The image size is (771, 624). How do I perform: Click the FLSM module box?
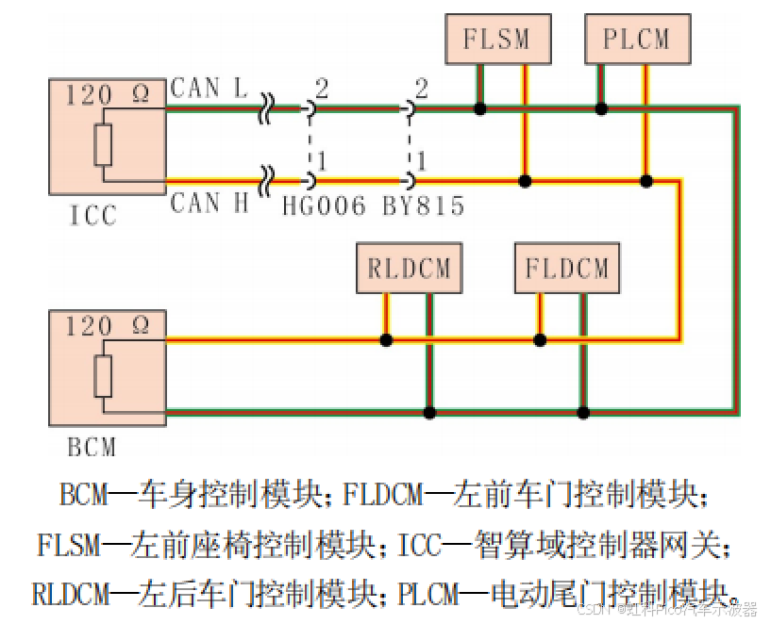click(495, 40)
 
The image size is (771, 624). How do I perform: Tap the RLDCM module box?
click(409, 269)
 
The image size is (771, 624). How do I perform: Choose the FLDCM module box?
click(566, 269)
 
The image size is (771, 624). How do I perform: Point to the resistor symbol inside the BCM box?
click(103, 377)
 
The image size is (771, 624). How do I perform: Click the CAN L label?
click(209, 90)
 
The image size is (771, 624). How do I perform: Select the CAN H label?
click(209, 202)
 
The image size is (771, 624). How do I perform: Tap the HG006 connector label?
click(324, 206)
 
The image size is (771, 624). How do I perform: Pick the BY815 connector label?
click(423, 206)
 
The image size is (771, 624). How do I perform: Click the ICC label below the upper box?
click(92, 216)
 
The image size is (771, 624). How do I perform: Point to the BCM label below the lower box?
click(92, 445)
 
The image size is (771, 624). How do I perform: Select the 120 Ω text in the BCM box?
click(107, 327)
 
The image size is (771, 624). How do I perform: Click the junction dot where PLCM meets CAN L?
click(601, 109)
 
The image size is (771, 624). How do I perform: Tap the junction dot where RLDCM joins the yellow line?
click(386, 339)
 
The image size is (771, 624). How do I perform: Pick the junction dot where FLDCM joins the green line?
click(584, 412)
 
